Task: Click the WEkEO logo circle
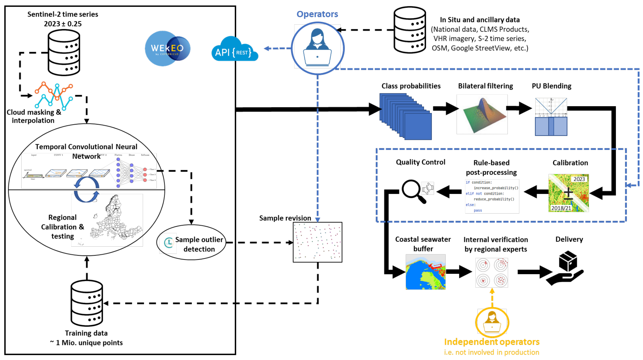(167, 48)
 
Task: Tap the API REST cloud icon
(234, 50)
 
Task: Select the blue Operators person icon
(317, 48)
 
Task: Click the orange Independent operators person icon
(492, 322)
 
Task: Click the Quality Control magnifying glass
(413, 191)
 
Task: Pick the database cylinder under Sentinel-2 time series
(64, 53)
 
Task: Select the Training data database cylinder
(87, 303)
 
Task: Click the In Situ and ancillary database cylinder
(409, 30)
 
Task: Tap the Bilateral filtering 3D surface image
(482, 115)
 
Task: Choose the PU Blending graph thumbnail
(551, 117)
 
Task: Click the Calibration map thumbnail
(568, 193)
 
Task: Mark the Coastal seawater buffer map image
(425, 272)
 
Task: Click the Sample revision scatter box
(317, 242)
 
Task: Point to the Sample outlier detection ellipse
(191, 243)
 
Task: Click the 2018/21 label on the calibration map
(561, 208)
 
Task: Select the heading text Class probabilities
(411, 86)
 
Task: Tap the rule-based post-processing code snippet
(492, 196)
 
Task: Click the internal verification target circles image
(492, 273)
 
